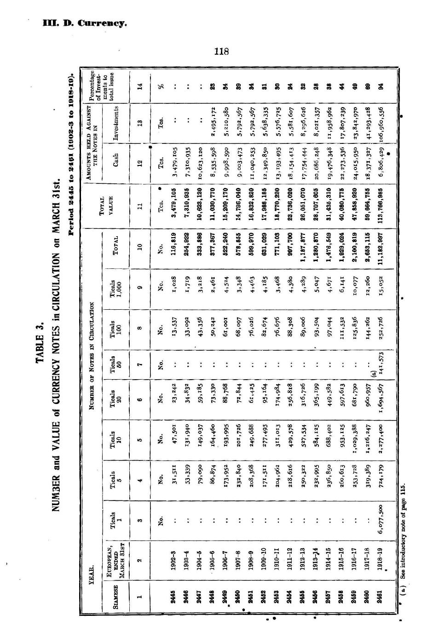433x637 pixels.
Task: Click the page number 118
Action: point(221,51)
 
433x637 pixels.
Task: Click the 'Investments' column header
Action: point(116,123)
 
